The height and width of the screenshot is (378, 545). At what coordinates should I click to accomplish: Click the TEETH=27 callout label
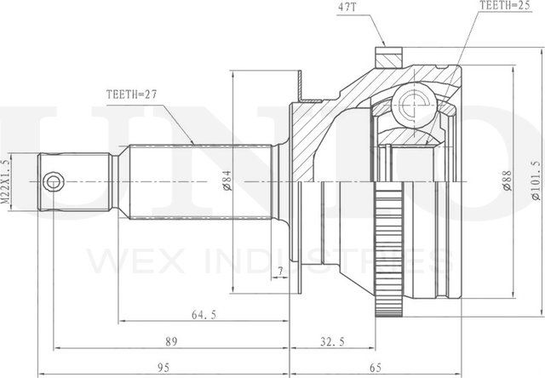(132, 94)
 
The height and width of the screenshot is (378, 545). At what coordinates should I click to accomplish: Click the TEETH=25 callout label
(506, 6)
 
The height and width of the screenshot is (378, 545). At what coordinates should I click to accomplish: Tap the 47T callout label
(347, 8)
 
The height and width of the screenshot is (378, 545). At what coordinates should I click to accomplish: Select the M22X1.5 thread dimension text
(5, 181)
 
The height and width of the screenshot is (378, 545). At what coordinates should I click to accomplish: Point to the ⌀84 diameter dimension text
(227, 181)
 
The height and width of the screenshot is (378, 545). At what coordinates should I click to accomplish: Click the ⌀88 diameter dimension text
(508, 180)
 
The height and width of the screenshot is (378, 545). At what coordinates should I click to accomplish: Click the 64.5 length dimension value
(204, 315)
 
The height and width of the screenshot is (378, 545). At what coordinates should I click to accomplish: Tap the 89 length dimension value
(171, 341)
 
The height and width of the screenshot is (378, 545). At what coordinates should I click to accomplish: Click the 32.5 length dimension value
(332, 342)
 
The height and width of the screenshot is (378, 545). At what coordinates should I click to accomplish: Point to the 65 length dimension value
(376, 367)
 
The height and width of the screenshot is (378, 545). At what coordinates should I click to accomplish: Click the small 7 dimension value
(280, 270)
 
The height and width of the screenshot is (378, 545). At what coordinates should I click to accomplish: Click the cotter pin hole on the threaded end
(53, 181)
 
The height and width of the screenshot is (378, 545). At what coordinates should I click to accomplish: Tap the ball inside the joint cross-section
(414, 103)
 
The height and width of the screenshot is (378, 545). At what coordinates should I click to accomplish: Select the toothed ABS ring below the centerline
(390, 249)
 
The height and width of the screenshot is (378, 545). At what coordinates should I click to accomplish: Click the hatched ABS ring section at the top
(388, 57)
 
